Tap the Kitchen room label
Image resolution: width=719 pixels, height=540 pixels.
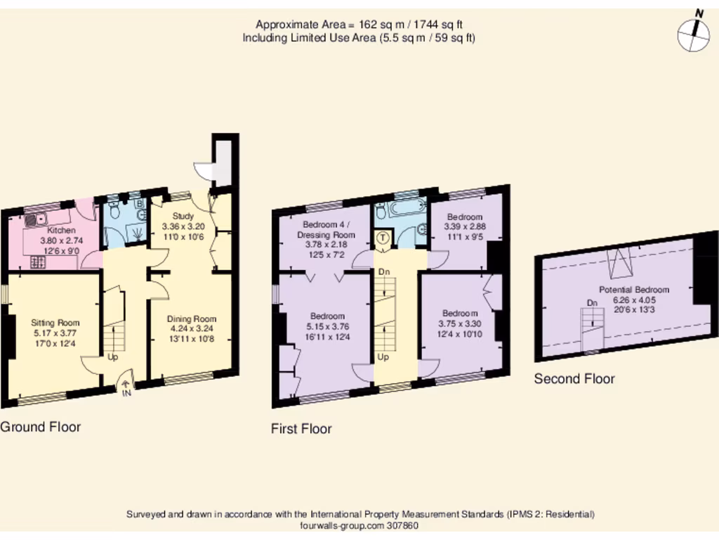(61, 231)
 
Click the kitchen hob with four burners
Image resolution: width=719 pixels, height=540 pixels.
(37, 262)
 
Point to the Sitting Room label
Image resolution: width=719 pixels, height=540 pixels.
(55, 322)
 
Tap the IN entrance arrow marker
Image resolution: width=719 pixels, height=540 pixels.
(126, 386)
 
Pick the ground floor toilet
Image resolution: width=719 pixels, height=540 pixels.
(114, 210)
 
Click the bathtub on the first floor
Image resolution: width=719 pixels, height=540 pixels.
(405, 210)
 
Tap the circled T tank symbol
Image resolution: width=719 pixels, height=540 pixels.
(383, 238)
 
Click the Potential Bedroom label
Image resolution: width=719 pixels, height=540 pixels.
(633, 290)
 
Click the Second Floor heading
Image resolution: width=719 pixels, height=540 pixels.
(574, 379)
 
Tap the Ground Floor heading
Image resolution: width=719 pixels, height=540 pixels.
(40, 427)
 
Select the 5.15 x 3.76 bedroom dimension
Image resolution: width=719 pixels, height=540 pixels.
(327, 326)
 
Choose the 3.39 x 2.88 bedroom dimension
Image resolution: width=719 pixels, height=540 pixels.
(465, 226)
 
